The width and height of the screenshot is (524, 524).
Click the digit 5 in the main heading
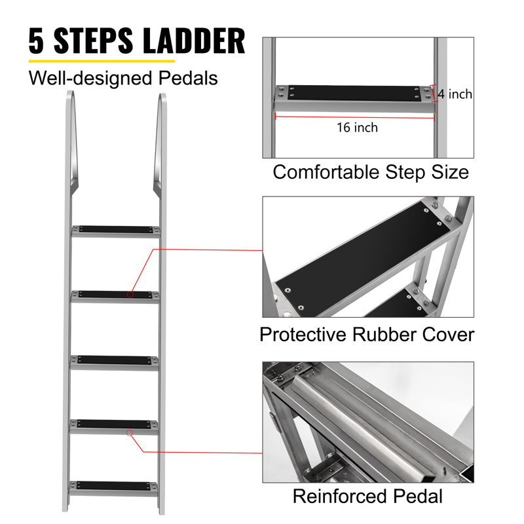36,41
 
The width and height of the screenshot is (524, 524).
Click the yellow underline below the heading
102,61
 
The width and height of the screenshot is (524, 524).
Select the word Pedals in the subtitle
188,78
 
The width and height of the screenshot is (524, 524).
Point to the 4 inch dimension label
455,94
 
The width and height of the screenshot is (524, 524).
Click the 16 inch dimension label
357,127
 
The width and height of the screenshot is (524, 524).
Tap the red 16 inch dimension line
354,117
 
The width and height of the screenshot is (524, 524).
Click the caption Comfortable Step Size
371,172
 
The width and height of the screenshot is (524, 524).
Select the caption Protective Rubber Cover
367,335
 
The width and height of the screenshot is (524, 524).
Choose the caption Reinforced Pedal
367,496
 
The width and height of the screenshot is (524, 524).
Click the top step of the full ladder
116,231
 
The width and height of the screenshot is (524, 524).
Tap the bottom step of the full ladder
113,489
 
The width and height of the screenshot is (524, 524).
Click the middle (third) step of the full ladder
114,363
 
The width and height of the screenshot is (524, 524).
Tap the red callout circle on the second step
130,294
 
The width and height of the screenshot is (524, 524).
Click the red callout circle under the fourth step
130,433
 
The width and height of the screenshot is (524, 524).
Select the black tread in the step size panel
354,92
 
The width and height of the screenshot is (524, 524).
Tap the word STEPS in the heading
93,41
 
